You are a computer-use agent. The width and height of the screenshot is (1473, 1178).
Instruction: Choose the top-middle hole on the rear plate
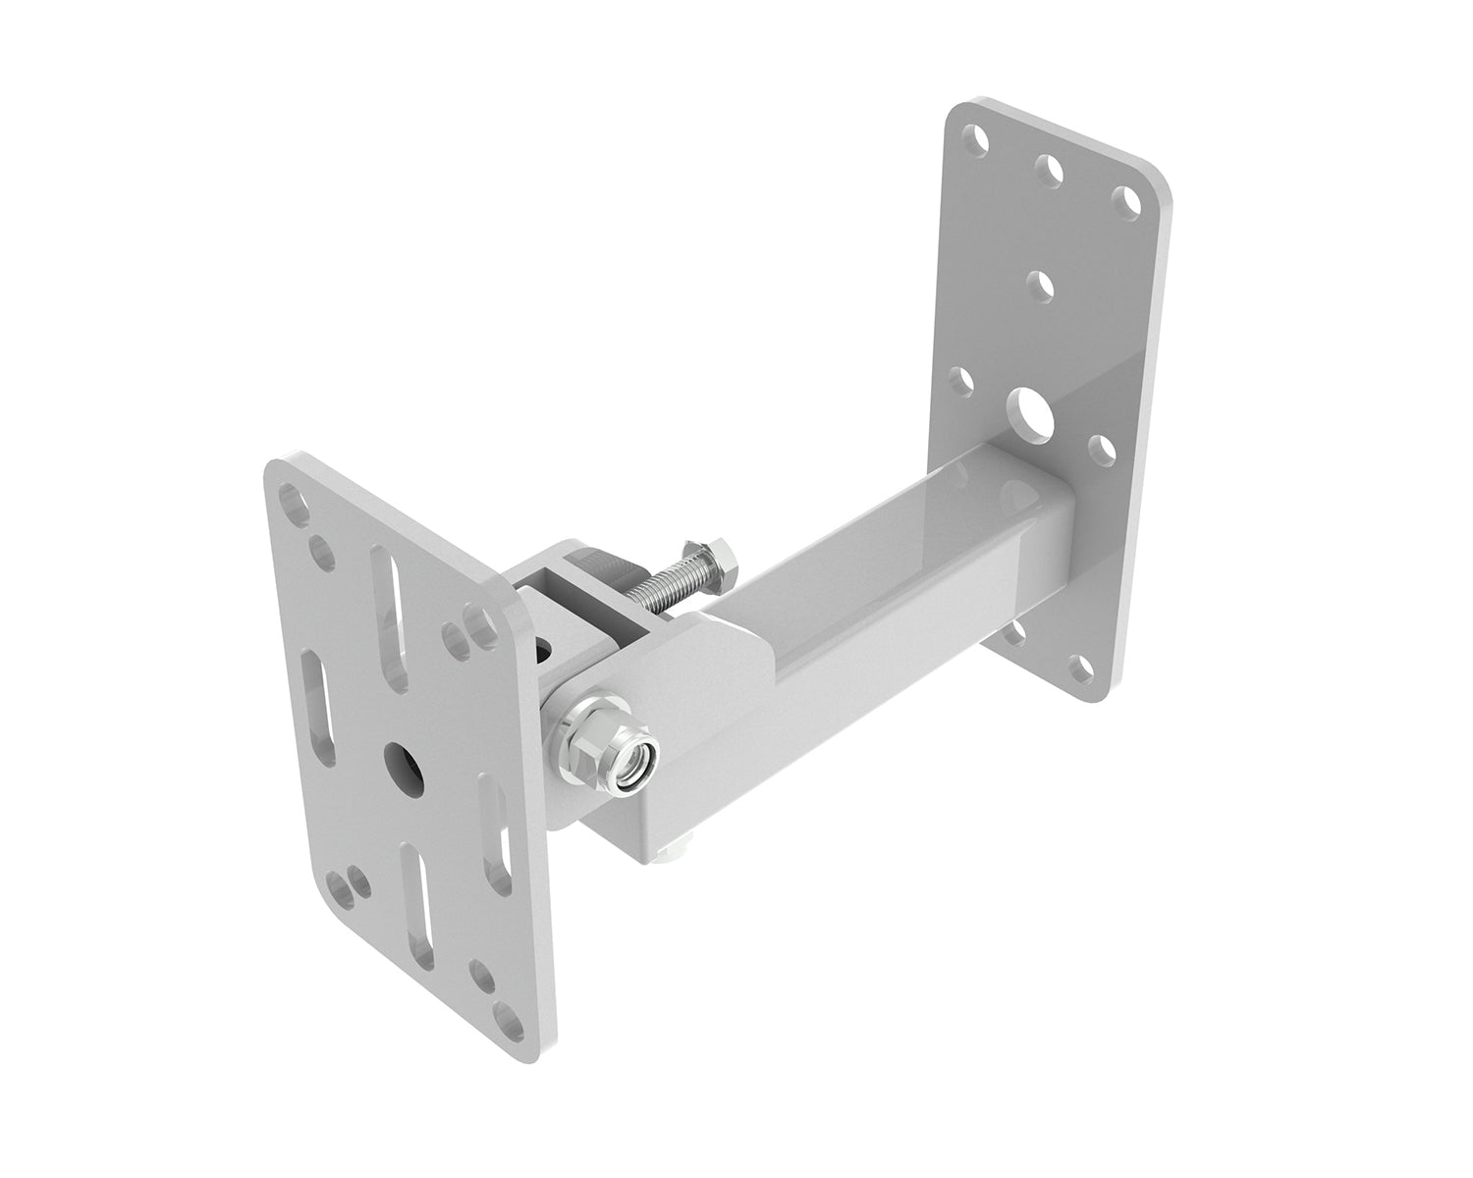click(x=1049, y=169)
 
